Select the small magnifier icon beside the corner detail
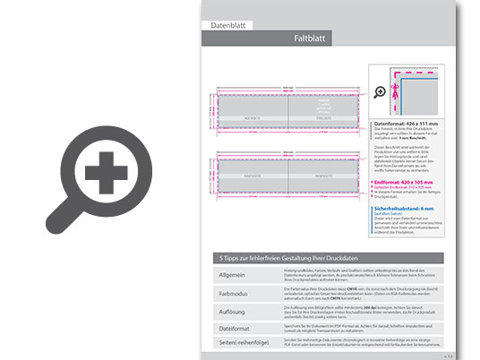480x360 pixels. point(380,91)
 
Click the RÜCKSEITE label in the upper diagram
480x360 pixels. point(253,117)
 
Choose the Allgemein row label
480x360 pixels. point(233,272)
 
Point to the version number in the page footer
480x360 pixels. point(449,356)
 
